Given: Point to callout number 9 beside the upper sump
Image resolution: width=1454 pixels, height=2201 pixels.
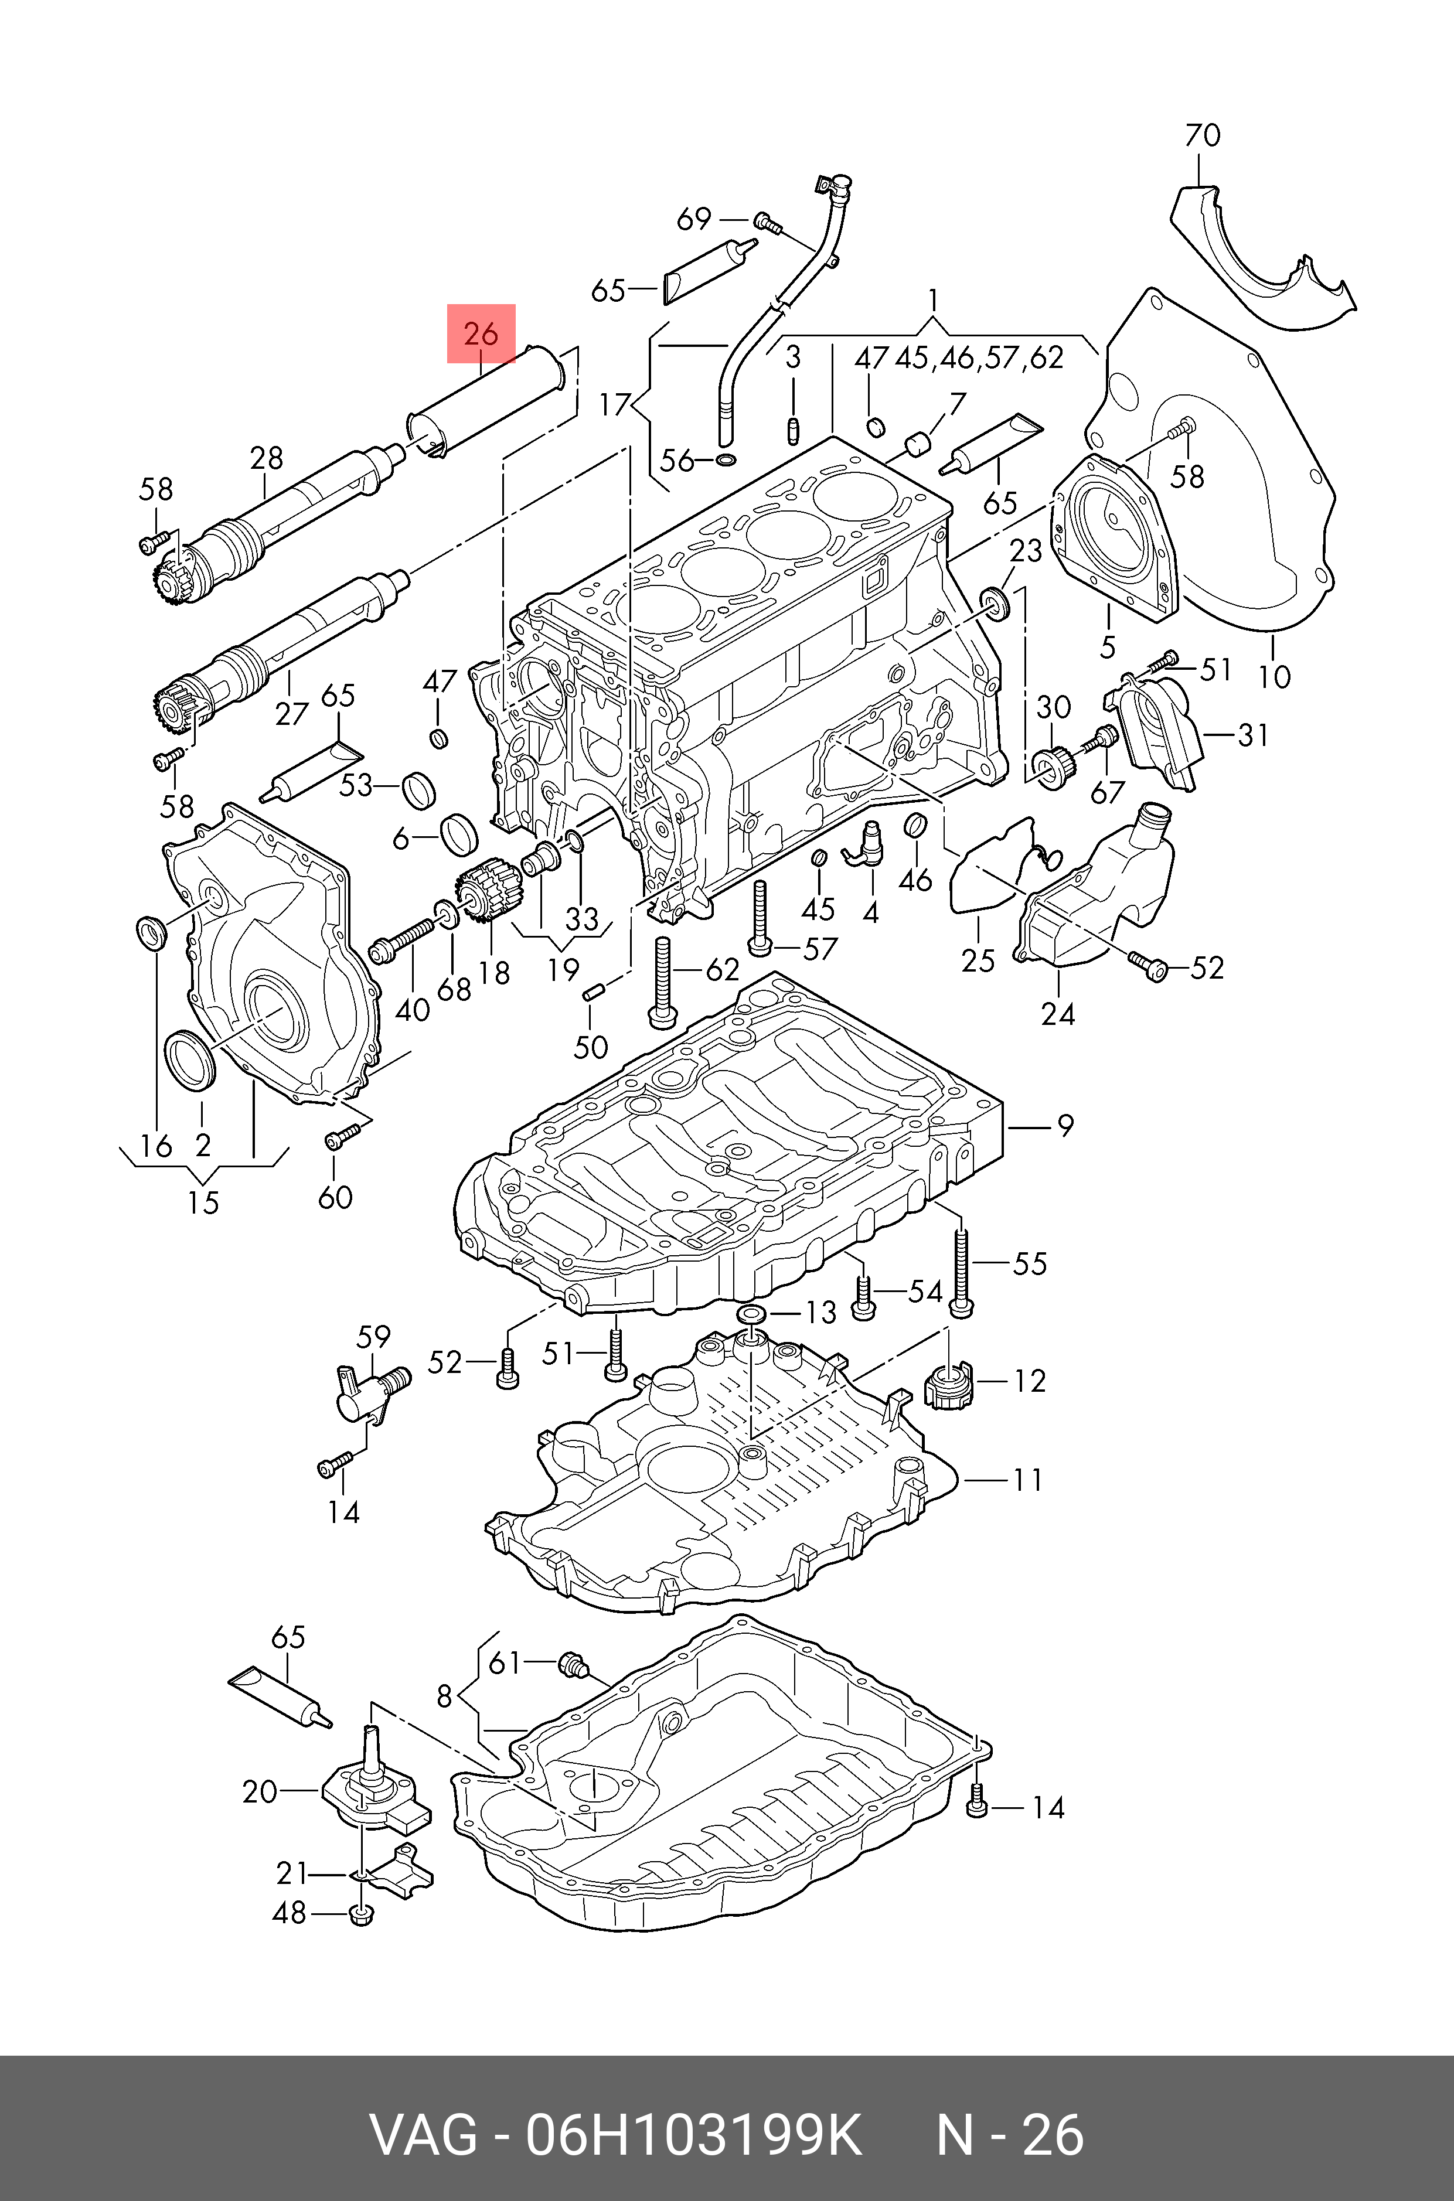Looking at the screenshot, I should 1064,1126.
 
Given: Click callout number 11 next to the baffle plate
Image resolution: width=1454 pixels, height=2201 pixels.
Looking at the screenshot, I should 1027,1479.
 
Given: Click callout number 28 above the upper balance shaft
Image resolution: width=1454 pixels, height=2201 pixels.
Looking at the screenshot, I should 266,458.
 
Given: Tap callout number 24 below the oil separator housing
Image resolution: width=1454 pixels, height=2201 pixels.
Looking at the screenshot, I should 1058,1014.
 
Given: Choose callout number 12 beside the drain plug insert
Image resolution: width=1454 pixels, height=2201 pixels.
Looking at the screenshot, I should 1029,1381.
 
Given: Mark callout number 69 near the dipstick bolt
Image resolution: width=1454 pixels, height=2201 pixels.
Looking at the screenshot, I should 694,220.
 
